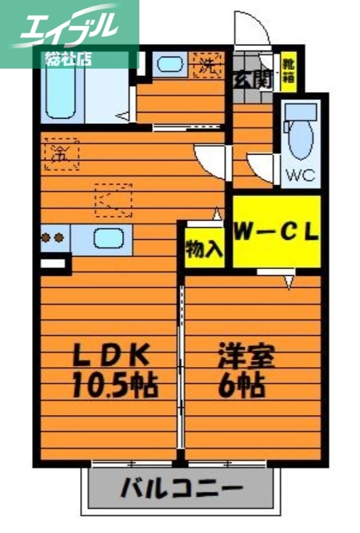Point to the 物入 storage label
[x=203, y=249]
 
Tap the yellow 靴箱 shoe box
[x=288, y=71]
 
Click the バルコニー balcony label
[x=181, y=490]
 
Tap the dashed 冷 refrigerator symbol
[x=62, y=153]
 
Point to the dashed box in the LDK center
[x=114, y=199]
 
